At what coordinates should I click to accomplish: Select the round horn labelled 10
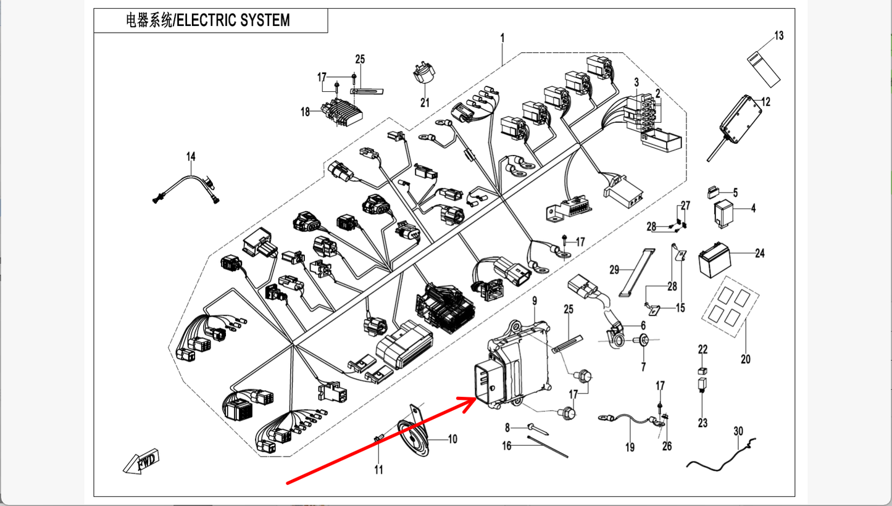(412, 438)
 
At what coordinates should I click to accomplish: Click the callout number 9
(535, 301)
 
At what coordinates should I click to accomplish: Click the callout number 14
(191, 157)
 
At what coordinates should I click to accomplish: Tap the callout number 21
(425, 102)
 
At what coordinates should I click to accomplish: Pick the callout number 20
(745, 359)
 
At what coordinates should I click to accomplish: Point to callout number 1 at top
(502, 38)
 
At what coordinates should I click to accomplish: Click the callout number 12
(766, 102)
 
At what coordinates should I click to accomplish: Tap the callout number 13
(778, 36)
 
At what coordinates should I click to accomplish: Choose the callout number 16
(507, 446)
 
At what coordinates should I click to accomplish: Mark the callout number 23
(702, 423)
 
